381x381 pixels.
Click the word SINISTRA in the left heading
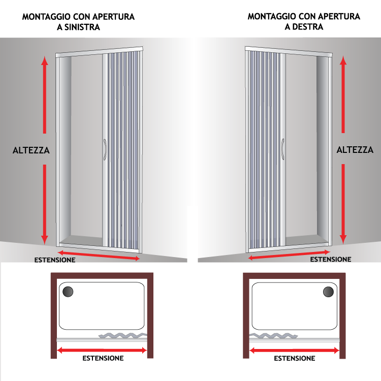coord(82,27)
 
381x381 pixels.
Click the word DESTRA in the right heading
coord(308,27)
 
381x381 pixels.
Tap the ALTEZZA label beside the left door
coord(31,150)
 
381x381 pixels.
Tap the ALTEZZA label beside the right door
coord(355,150)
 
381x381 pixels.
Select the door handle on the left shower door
coord(105,149)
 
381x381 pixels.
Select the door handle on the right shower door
coord(283,149)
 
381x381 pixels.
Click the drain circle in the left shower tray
coord(68,292)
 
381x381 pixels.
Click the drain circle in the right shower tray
coord(328,292)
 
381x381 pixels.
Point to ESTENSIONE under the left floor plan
coord(103,358)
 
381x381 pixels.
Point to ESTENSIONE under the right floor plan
coord(295,359)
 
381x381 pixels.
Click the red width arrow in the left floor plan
coord(102,351)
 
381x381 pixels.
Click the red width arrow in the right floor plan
coord(294,351)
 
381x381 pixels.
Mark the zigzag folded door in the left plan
coord(123,335)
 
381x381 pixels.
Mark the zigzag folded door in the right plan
coord(273,336)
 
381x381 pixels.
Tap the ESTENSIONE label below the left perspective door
coord(55,260)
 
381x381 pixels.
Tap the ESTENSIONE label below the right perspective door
coord(331,259)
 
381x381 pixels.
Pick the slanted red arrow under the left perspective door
coord(99,256)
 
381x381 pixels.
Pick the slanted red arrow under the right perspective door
coord(289,255)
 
